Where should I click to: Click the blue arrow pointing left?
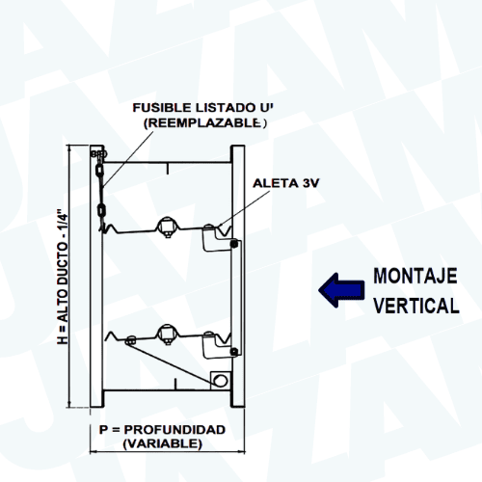(341, 290)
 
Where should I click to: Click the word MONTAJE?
(415, 276)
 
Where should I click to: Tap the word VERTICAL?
(416, 306)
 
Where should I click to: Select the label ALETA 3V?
(285, 183)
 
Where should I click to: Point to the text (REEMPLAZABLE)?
(205, 123)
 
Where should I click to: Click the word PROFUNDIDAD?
(174, 430)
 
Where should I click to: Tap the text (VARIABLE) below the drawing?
(163, 443)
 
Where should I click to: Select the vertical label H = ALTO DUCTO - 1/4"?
(63, 277)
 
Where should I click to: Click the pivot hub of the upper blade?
(167, 226)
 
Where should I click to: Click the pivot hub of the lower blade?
(167, 334)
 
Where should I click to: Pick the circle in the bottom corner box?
(221, 381)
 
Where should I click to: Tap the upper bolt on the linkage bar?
(234, 244)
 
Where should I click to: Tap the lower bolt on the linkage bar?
(234, 352)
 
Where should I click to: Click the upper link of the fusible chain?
(99, 171)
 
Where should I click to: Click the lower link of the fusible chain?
(101, 211)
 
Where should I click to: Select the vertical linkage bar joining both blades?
(236, 298)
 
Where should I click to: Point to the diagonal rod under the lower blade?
(173, 361)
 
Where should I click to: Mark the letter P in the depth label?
(103, 430)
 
